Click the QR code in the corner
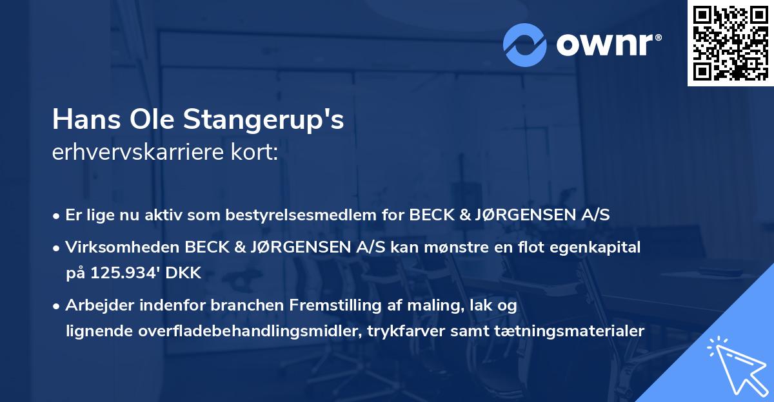pos(730,43)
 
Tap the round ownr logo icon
pos(525,44)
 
